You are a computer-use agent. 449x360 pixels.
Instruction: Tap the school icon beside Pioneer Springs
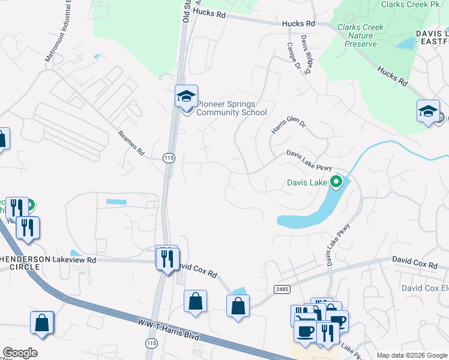186,96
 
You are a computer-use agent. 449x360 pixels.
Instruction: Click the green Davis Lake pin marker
337,181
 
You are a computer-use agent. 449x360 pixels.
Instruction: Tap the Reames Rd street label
131,144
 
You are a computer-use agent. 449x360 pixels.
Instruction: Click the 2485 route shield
282,289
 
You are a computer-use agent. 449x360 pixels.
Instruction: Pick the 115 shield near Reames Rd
169,157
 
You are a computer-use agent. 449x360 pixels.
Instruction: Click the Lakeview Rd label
74,260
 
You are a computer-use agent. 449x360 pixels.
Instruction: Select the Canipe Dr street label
294,55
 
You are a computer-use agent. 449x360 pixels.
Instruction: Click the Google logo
20,353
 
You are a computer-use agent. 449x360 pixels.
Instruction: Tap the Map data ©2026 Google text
411,355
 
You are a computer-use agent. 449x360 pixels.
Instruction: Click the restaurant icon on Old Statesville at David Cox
167,258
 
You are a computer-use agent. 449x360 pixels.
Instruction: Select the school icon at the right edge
429,112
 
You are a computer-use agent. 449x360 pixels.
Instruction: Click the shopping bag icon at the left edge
3,139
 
